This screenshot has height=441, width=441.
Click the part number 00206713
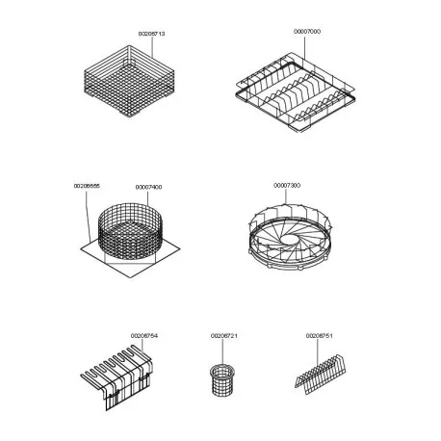point(152,34)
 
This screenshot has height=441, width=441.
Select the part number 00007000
point(307,32)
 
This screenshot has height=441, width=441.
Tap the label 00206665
point(87,185)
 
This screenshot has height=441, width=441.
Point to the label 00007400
point(148,186)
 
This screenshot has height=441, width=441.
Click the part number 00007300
point(287,185)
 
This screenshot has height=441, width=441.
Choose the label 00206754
point(143,335)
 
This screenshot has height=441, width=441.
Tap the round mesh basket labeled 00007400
point(128,234)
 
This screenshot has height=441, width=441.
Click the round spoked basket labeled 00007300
point(286,236)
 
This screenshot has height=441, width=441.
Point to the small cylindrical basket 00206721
point(222,381)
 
